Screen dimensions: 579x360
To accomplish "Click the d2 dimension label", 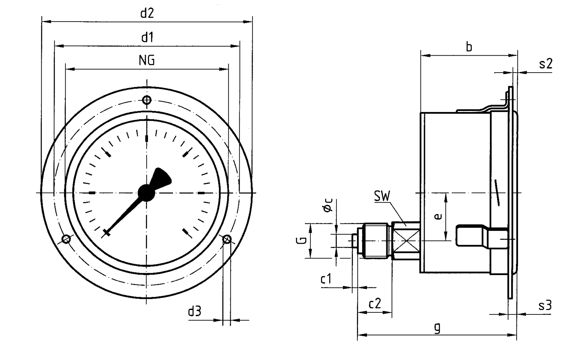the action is pyautogui.click(x=147, y=13).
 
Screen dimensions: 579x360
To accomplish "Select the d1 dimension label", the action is pyautogui.click(x=147, y=37).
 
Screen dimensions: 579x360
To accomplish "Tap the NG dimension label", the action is pyautogui.click(x=147, y=61).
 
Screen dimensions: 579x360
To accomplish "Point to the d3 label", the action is pyautogui.click(x=195, y=311).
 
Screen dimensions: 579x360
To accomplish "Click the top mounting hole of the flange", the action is pyautogui.click(x=147, y=100).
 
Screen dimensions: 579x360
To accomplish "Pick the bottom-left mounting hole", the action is pyautogui.click(x=66, y=239).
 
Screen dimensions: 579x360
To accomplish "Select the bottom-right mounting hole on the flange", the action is pyautogui.click(x=227, y=239).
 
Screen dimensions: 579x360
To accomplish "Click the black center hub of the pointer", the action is pyautogui.click(x=146, y=193).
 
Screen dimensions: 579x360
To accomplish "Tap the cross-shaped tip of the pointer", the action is pyautogui.click(x=106, y=233).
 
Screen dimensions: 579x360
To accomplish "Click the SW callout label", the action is pyautogui.click(x=382, y=196).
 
